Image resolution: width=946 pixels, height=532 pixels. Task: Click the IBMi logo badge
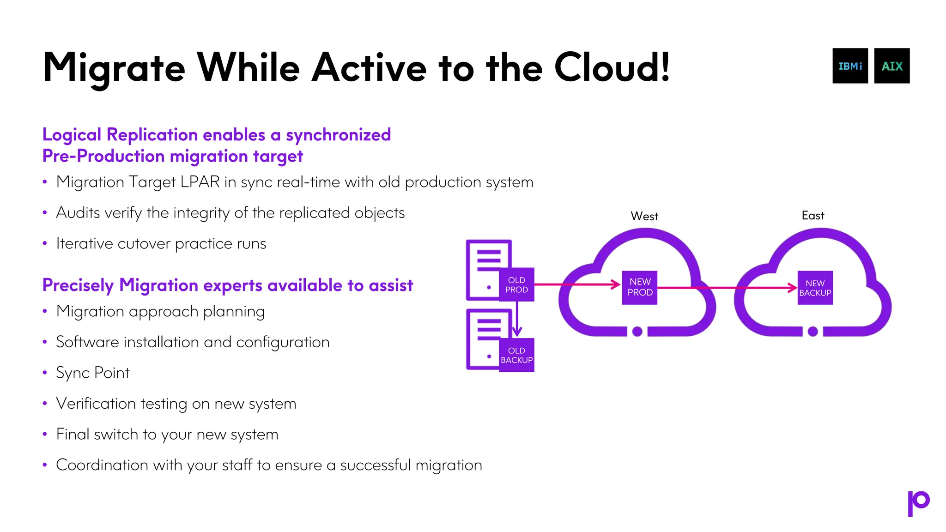(850, 66)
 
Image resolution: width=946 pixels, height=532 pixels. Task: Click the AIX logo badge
(891, 66)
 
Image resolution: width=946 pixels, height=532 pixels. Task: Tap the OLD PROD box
(516, 285)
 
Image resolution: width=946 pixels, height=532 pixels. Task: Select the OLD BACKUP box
(516, 355)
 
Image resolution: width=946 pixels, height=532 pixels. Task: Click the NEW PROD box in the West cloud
(640, 287)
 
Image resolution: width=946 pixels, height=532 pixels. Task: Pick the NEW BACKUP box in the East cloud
(815, 288)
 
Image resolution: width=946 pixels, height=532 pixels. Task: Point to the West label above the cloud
(644, 216)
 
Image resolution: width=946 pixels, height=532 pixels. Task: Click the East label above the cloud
(813, 216)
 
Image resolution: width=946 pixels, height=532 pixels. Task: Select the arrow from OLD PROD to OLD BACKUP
(517, 319)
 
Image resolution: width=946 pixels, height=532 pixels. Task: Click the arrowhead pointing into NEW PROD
(616, 284)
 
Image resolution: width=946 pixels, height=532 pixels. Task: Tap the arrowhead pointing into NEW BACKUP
(792, 288)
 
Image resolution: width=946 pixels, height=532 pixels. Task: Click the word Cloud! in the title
(612, 67)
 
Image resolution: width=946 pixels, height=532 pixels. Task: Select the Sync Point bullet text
(93, 373)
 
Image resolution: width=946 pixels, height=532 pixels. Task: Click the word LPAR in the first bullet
(200, 182)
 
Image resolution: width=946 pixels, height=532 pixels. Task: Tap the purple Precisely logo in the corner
(918, 503)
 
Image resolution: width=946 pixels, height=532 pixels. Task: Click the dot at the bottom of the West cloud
(637, 331)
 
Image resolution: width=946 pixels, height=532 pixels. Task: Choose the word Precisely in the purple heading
(78, 285)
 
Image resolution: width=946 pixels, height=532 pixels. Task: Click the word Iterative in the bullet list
(85, 243)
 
